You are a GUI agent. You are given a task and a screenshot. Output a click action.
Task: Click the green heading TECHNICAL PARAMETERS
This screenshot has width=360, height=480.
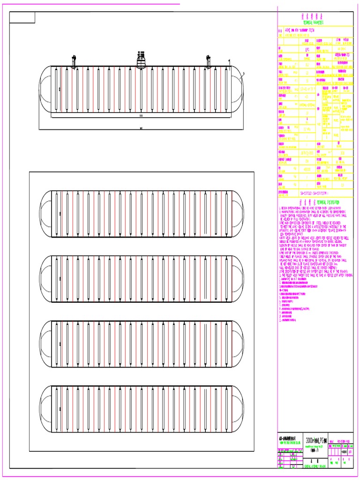coord(314,22)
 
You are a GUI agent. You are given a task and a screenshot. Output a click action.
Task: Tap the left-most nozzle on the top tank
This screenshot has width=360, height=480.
coord(74,61)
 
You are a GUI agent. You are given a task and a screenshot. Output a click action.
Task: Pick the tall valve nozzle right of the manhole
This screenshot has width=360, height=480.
coord(208,61)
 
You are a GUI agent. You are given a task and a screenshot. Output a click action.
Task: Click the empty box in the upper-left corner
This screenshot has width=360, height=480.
coord(22,18)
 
